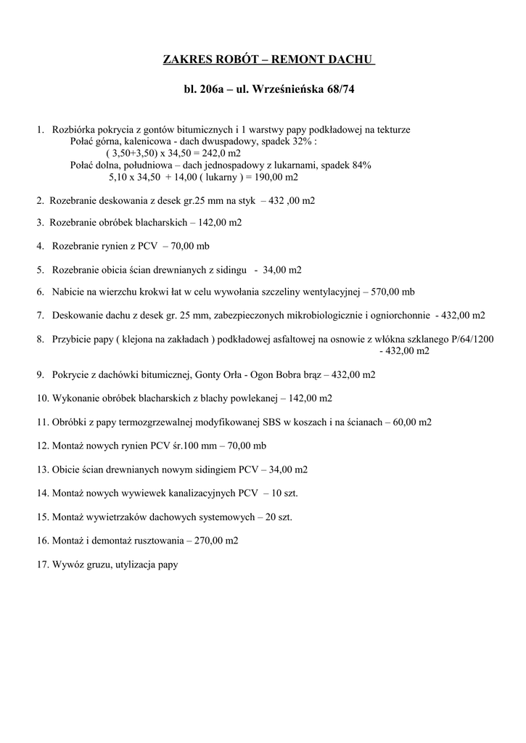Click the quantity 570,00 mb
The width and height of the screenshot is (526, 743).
click(393, 292)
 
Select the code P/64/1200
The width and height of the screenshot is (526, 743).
click(470, 339)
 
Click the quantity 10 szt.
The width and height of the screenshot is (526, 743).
click(285, 493)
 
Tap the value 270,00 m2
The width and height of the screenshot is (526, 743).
click(215, 540)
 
